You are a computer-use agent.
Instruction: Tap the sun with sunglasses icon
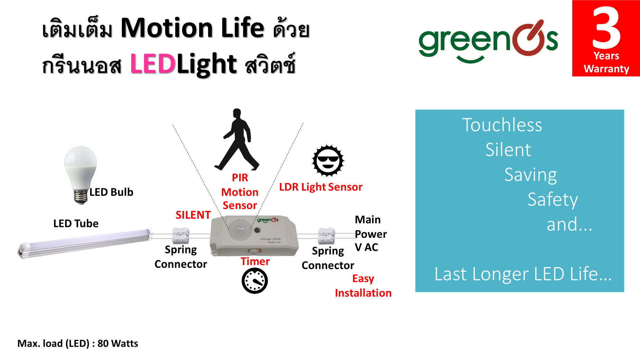coord(328,161)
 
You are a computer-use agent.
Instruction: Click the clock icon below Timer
coord(255,281)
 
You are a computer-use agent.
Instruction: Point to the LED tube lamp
coord(85,243)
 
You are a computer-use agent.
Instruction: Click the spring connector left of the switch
coord(181,236)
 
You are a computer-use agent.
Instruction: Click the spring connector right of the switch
coord(326,236)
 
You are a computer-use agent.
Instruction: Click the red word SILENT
coord(193,215)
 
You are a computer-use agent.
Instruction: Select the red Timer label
coord(255,261)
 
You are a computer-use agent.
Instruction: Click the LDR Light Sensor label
coord(321,187)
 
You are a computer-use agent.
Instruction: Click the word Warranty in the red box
coord(606,69)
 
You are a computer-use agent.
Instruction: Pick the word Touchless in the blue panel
coord(502,125)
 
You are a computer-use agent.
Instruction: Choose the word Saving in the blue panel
coord(531,175)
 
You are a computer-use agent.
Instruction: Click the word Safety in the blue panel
coord(553,200)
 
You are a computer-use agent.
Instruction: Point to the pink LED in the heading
coord(153,64)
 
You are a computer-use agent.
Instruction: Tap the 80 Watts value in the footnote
coord(118,343)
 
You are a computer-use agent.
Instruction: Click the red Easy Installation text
coord(363,286)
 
